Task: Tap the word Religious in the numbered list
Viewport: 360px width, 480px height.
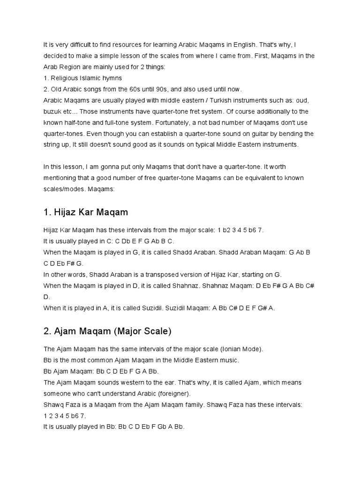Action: (63, 78)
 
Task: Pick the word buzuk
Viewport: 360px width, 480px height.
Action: (52, 112)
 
